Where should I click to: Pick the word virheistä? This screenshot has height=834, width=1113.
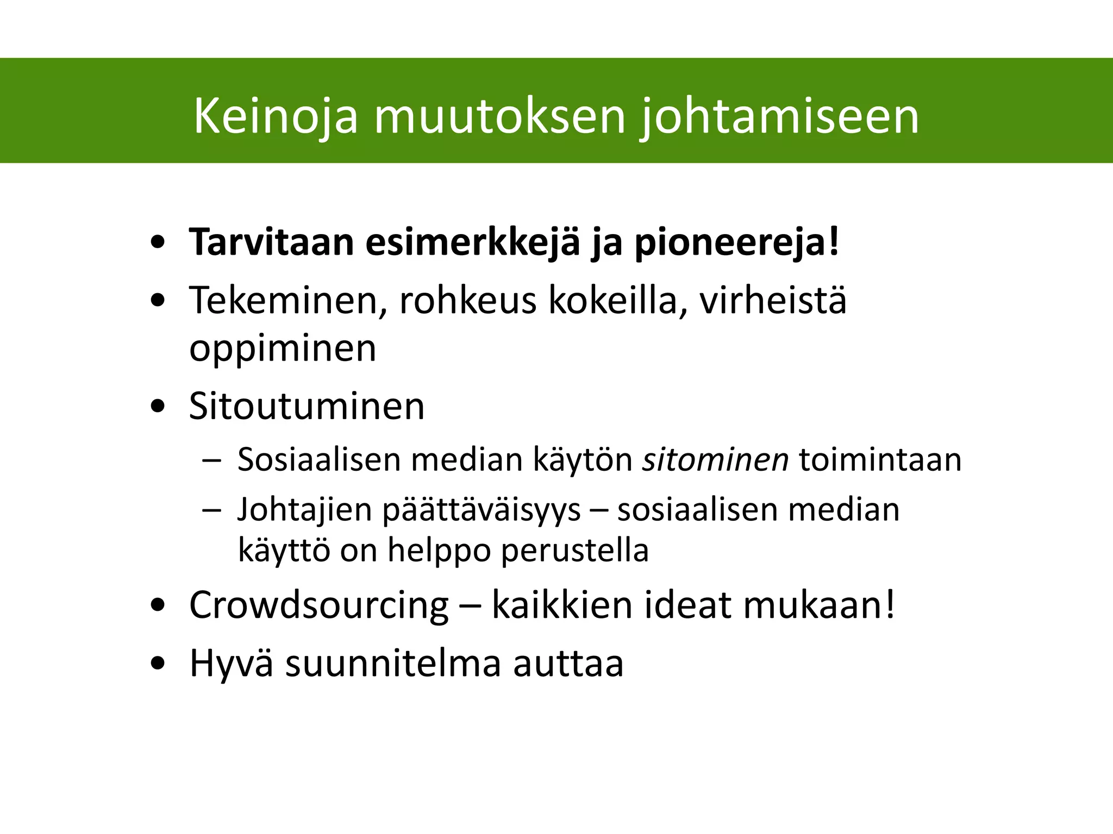pyautogui.click(x=772, y=300)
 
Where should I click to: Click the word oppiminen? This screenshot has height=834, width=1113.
pyautogui.click(x=283, y=349)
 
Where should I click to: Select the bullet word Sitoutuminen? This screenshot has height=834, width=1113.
pyautogui.click(x=307, y=406)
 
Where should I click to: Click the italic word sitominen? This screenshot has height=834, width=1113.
pyautogui.click(x=715, y=459)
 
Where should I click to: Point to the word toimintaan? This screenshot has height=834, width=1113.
pyautogui.click(x=880, y=459)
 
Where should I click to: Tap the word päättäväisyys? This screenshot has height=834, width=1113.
pyautogui.click(x=482, y=510)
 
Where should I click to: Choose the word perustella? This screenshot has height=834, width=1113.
pyautogui.click(x=574, y=551)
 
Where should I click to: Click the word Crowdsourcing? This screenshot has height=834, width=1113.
pyautogui.click(x=319, y=605)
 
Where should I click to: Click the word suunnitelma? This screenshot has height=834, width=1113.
pyautogui.click(x=393, y=663)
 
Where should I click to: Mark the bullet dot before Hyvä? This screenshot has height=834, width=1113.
pyautogui.click(x=158, y=664)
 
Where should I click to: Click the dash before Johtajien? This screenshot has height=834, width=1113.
pyautogui.click(x=211, y=511)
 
